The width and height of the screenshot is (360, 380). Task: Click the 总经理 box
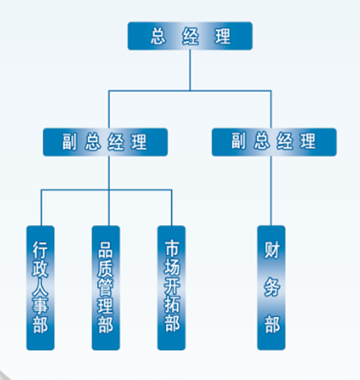pos(190,36)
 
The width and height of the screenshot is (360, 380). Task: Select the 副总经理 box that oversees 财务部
pos(274,142)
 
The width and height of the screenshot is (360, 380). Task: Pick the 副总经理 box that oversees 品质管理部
pos(105,142)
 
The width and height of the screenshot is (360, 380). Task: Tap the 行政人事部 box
pos(40,288)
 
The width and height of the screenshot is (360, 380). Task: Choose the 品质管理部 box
pos(106,288)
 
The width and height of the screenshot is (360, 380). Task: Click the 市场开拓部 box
pos(172,288)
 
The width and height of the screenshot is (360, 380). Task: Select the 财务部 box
pos(271,288)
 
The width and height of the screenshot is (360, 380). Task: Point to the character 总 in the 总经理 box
pos(158,37)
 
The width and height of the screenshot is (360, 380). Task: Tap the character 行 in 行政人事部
pos(40,249)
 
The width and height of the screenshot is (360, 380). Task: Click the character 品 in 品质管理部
pos(106,249)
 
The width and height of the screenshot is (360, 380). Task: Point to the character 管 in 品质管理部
pos(106,287)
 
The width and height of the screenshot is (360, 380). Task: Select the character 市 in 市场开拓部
pos(172,249)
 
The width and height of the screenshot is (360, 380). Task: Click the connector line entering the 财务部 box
pos(271,191)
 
